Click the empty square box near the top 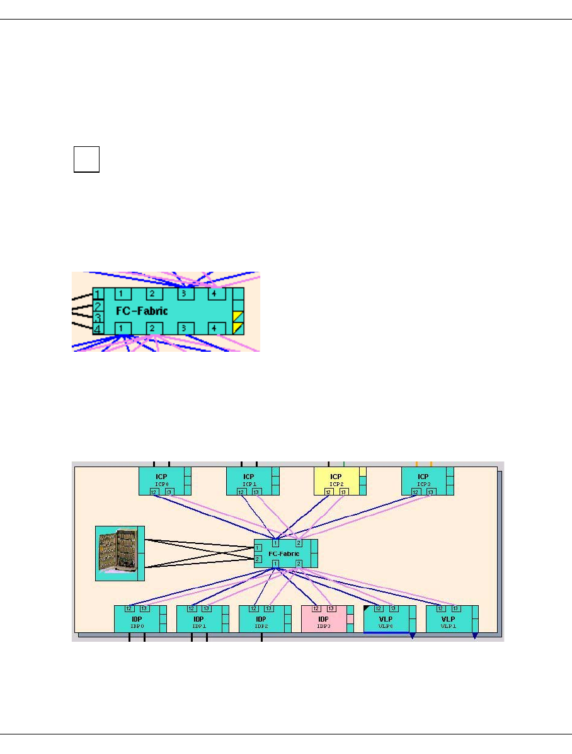(86, 158)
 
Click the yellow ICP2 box (336, 480)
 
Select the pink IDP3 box (324, 618)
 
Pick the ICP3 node (424, 480)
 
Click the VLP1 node (449, 618)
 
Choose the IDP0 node (137, 618)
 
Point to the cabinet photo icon (117, 552)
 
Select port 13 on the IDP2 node (269, 608)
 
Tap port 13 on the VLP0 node (394, 608)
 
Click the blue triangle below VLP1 (474, 636)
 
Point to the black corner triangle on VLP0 (367, 608)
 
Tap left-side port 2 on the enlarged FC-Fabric (98, 306)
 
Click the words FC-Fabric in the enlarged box (142, 311)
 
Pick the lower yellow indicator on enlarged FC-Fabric (238, 328)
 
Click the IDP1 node (199, 618)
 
